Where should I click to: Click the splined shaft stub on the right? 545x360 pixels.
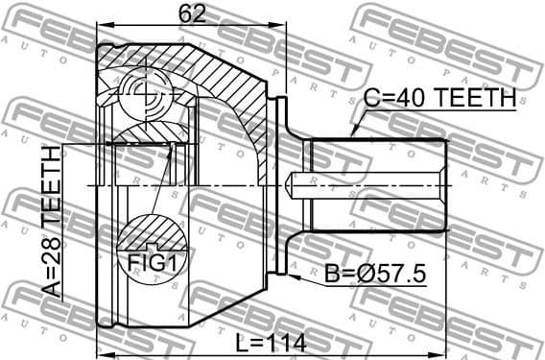374,184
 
